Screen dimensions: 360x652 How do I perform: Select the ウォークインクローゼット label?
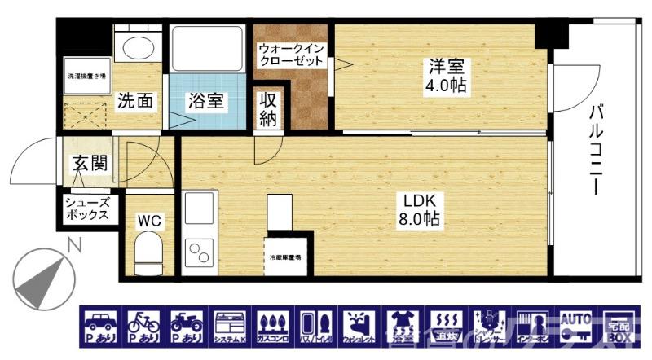(x=292, y=55)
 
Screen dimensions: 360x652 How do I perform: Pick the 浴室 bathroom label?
(x=206, y=102)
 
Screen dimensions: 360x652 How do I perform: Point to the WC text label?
(x=148, y=220)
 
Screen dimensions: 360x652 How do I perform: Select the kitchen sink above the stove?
(x=198, y=209)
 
